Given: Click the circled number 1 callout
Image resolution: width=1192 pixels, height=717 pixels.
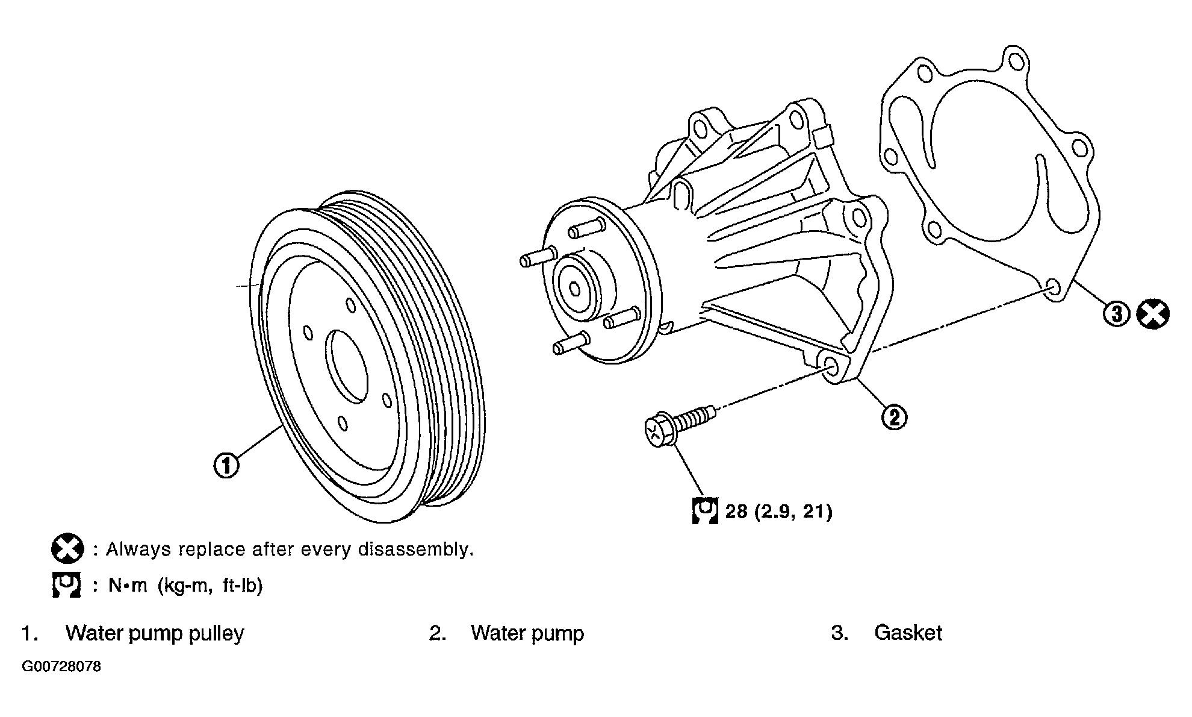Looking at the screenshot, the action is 226,466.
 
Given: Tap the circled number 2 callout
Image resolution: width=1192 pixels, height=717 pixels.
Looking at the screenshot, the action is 894,417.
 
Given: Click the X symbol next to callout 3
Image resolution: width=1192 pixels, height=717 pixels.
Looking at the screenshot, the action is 1153,314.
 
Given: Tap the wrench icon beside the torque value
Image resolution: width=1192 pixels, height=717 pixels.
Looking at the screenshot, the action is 705,511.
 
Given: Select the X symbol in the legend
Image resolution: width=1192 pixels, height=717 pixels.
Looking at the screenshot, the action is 67,549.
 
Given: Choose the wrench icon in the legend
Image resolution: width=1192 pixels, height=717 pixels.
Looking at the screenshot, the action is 66,585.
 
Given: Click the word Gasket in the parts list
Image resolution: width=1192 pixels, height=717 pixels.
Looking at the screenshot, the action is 908,633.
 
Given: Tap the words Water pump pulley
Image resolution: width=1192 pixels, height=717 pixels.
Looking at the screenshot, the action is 155,634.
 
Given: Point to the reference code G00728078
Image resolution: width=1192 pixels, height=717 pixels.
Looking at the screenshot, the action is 62,668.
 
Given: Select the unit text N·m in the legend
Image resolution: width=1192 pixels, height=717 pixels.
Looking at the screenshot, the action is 128,586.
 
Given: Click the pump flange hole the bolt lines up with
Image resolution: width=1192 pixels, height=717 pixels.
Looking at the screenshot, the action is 832,369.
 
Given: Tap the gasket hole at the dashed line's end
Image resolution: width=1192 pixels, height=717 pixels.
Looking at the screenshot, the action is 1054,289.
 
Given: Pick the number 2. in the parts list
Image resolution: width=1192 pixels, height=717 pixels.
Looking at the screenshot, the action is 438,633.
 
